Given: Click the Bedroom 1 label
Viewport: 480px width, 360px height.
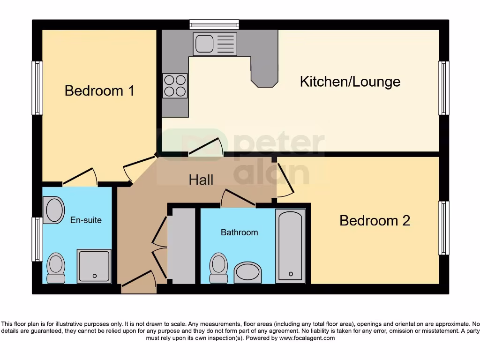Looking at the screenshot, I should click(99, 90).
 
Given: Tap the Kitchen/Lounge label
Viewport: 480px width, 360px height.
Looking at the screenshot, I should click(350, 82).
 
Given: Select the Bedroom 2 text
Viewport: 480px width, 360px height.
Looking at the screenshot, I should click(375, 220).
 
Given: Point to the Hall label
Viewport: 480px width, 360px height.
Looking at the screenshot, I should click(201, 180).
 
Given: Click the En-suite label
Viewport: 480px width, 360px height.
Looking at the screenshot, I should click(86, 220).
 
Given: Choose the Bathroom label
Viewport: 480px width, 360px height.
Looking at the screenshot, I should click(239, 232).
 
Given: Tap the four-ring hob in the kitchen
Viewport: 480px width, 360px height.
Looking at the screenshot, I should click(175, 86).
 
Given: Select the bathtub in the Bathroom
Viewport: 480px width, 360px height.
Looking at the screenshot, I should click(291, 246).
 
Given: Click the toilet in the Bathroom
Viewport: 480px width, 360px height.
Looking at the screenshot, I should click(219, 268).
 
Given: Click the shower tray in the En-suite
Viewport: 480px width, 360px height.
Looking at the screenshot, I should click(95, 266).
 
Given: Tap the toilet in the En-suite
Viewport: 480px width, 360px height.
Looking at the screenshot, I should click(56, 268).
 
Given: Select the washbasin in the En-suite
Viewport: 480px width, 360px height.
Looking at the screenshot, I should click(54, 210).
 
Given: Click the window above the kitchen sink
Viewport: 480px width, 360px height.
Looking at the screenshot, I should click(214, 24).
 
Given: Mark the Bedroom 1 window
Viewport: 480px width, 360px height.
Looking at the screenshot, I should click(37, 88).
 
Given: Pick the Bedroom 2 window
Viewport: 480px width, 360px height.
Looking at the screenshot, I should click(443, 228).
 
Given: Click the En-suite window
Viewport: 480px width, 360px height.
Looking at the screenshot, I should click(37, 239).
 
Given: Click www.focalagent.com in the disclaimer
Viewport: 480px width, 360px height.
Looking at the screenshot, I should click(307, 338).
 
